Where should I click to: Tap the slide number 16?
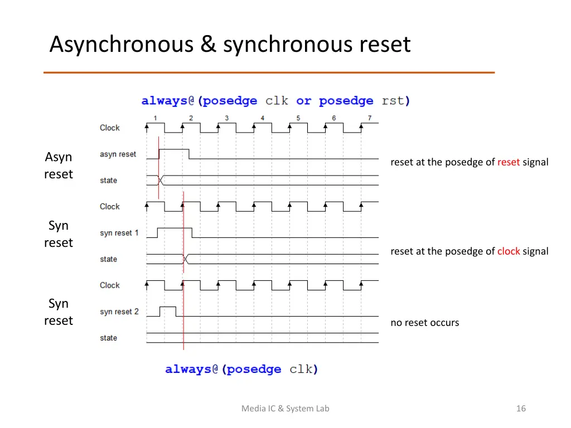pyautogui.click(x=521, y=408)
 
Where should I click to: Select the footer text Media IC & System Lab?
pyautogui.click(x=285, y=408)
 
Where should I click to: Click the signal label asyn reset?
pyautogui.click(x=118, y=154)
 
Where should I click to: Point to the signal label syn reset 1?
pyautogui.click(x=119, y=233)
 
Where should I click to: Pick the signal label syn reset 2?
pyautogui.click(x=119, y=312)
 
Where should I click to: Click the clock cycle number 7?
pyautogui.click(x=369, y=118)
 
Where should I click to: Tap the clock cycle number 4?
pyautogui.click(x=262, y=118)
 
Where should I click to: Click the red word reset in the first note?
pyautogui.click(x=508, y=162)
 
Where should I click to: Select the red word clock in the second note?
pyautogui.click(x=508, y=251)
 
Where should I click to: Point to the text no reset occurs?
pyautogui.click(x=424, y=323)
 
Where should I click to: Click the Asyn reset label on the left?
pyautogui.click(x=59, y=166)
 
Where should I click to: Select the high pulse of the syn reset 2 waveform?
pyautogui.click(x=168, y=307)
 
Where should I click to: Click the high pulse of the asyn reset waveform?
pyautogui.click(x=174, y=150)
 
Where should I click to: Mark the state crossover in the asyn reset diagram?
pyautogui.click(x=161, y=181)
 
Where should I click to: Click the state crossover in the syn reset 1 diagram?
pyautogui.click(x=186, y=259)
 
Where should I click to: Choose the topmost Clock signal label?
pyautogui.click(x=110, y=128)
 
